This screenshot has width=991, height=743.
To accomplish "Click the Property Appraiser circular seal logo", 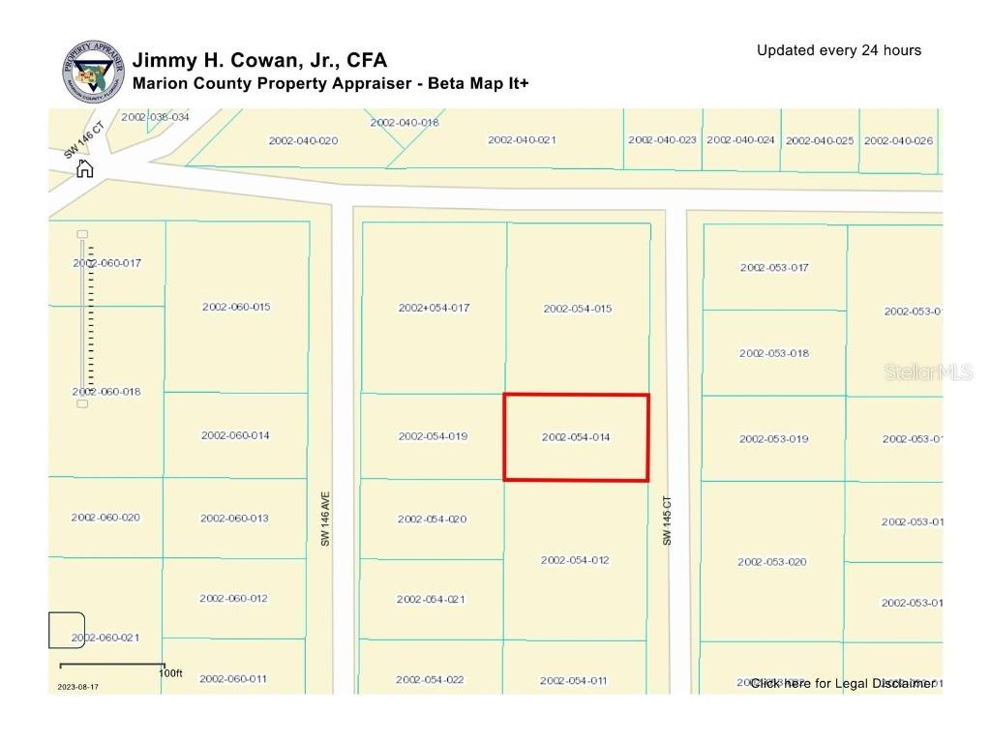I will (x=94, y=71).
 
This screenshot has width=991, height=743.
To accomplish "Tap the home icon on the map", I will (x=85, y=169).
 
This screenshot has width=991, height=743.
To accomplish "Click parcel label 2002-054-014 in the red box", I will (x=576, y=437).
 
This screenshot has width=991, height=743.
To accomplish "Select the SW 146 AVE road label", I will (x=326, y=521).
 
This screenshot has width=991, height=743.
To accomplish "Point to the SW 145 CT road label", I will (x=667, y=521).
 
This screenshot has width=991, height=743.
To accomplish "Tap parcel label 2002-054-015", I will (x=578, y=309).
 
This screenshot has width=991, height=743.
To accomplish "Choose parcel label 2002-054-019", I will (x=433, y=436).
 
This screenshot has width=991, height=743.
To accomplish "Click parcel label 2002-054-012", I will (x=575, y=560).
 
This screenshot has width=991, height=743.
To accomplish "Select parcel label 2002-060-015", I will (x=236, y=307).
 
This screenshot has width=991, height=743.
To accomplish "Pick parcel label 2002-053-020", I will (x=772, y=562).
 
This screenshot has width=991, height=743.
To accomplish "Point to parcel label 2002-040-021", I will (x=522, y=140).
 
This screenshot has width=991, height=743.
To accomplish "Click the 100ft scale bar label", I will (x=170, y=672).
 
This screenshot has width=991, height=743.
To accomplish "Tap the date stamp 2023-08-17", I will (x=77, y=687).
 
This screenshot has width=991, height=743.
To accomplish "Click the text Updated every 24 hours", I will (x=839, y=50).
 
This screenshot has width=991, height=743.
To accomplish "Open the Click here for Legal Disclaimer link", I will (x=842, y=683).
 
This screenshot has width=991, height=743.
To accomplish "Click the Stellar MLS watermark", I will (x=928, y=372).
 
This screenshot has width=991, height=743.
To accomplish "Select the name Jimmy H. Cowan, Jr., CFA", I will (x=259, y=61).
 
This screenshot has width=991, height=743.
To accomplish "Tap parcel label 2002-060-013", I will (x=234, y=519).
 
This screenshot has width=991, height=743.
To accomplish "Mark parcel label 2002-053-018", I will (x=774, y=353).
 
